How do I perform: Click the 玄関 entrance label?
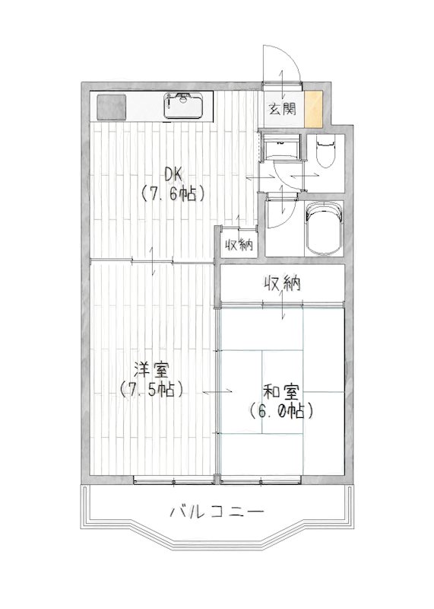pos(281,109)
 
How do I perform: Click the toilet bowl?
pos(325,151)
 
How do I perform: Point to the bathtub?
pos(324,228)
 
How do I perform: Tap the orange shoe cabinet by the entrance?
pos(313,108)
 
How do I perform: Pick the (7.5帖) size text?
pos(152,391)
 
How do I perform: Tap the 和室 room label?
pos(281,393)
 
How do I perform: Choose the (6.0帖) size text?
pos(281,412)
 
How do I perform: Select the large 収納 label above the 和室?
pos(283,284)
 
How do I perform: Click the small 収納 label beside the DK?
pos(238,244)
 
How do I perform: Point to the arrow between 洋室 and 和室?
pos(219,391)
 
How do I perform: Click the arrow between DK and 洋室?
pos(155,261)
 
